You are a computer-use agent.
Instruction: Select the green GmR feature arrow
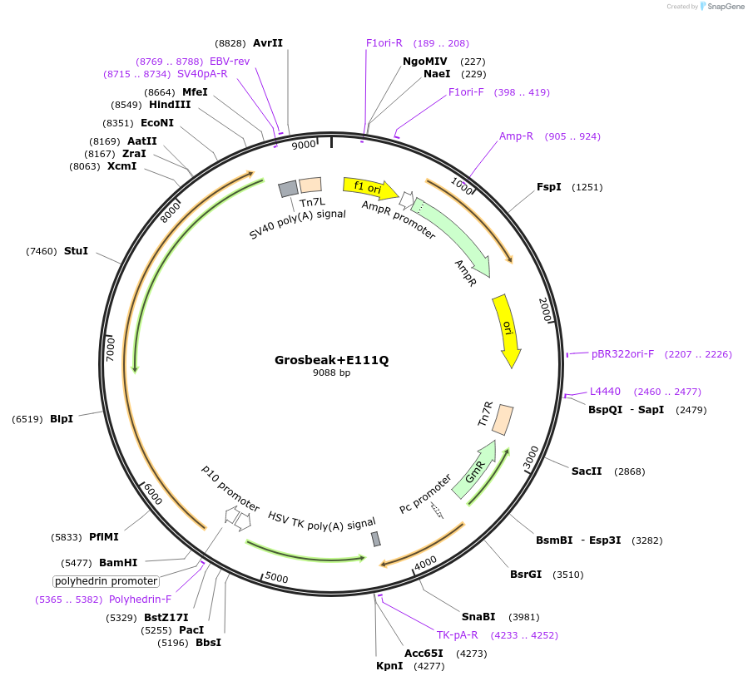[474, 470]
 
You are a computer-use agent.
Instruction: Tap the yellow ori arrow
[507, 330]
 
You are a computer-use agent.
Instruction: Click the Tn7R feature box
[503, 419]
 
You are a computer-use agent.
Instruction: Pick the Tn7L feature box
[310, 185]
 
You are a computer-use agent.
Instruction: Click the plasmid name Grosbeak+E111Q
[331, 360]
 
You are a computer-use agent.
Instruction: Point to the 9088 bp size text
[331, 373]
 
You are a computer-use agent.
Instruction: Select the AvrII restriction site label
[268, 43]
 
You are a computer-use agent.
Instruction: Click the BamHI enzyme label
[118, 562]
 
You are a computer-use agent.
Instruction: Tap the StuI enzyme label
[76, 250]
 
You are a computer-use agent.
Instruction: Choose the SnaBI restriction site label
[478, 616]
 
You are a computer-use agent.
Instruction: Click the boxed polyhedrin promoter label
[106, 581]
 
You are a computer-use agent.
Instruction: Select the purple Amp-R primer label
[516, 136]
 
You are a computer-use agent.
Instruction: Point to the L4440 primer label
[605, 391]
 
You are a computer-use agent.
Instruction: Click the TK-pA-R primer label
[458, 635]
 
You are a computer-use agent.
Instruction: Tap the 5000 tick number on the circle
[276, 577]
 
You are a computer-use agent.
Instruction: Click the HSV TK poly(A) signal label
[321, 521]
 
